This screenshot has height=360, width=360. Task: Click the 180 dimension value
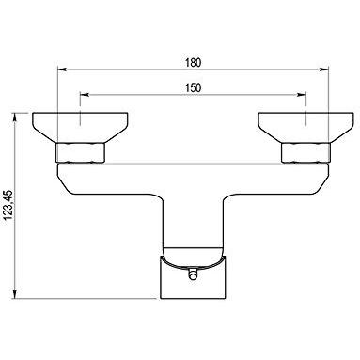coord(193,62)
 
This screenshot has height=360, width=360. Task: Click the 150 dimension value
coord(193,87)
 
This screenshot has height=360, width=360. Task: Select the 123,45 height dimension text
coord(8,205)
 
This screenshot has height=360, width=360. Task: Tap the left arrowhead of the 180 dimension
coord(62,70)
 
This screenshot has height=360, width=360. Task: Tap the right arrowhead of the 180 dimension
coord(323,70)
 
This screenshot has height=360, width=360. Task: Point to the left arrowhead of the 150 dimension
coord(85,95)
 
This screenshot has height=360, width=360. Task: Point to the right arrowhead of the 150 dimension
coord(301,95)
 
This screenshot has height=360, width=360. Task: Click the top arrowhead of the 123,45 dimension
coord(15,117)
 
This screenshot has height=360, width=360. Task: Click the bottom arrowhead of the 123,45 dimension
coord(15,294)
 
